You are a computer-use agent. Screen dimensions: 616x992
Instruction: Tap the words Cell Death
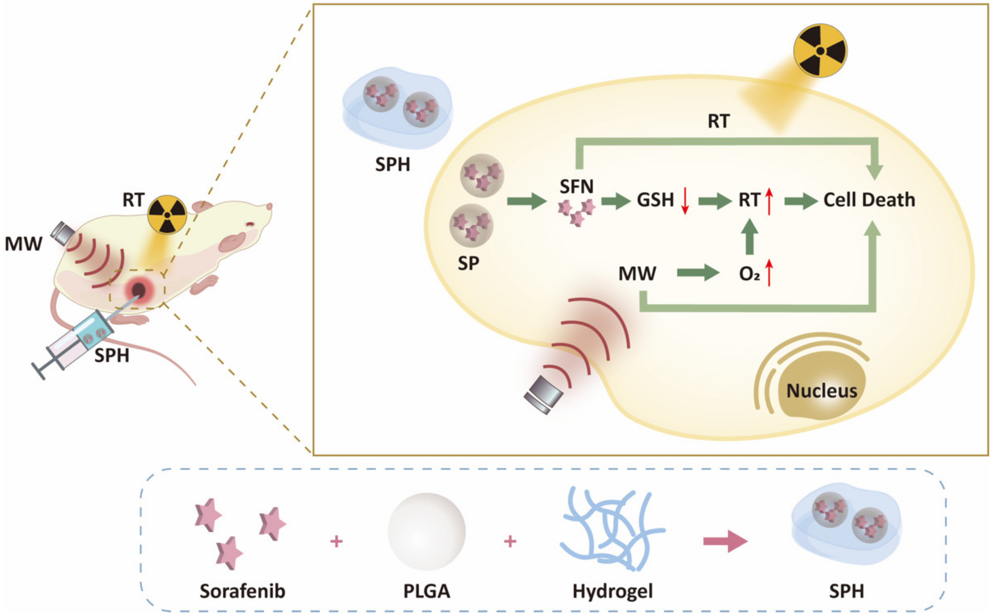coord(869,200)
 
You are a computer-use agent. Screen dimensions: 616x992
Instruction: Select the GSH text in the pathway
coord(655,200)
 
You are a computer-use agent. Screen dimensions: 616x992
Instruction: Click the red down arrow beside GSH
coord(685,201)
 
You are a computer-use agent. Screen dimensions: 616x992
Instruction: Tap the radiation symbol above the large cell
coord(820,51)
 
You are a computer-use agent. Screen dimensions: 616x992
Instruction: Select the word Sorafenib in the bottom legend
coord(242,591)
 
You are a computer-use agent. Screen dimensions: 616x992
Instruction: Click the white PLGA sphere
coord(426,531)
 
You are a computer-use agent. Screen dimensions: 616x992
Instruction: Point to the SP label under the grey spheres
coord(468,263)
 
